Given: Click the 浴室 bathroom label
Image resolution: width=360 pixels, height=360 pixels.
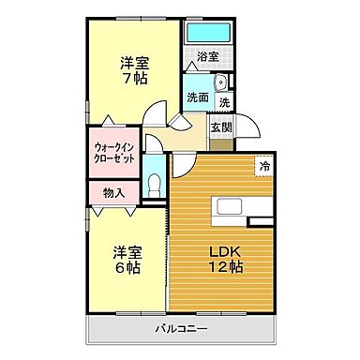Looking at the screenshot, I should pos(207,56).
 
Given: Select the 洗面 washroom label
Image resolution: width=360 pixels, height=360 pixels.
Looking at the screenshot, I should pos(197,97).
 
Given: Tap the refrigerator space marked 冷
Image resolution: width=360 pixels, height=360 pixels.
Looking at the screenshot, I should pos(264,166).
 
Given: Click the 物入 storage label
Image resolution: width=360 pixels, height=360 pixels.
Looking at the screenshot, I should pos(112,193).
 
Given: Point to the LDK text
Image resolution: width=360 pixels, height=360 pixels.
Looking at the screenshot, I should pos(224,251).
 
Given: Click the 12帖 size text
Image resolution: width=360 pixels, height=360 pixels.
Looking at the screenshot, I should pos(224,268).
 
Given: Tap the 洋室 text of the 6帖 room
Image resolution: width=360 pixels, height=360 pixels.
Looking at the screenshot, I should pos(127,251).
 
